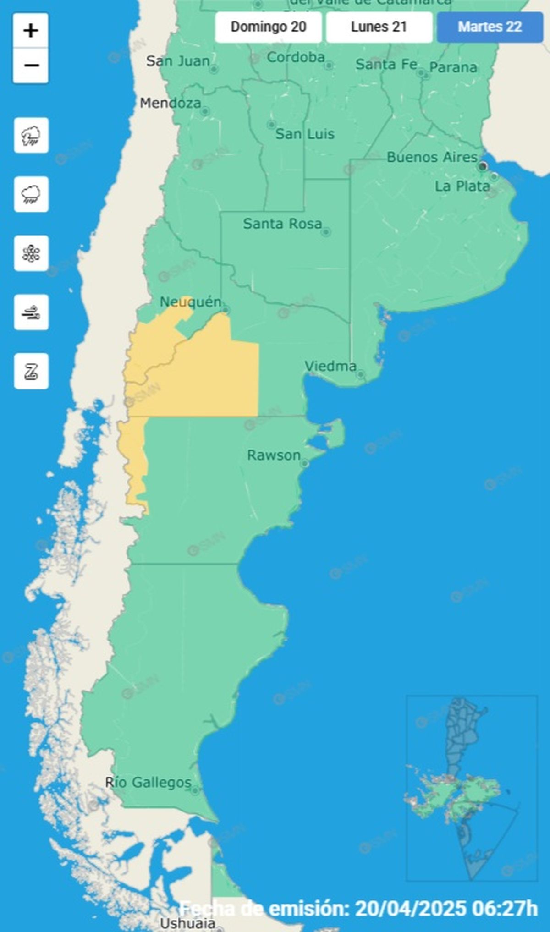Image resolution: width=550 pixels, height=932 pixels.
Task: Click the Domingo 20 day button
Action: coord(268,27)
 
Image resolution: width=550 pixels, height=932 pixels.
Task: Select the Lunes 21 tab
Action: coord(379,27)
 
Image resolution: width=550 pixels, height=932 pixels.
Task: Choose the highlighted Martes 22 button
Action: coord(489,27)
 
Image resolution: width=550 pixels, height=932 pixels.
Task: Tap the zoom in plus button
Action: coord(31,31)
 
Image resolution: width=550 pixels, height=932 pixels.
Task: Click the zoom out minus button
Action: coord(31,66)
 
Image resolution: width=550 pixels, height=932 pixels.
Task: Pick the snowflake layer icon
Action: coord(31,253)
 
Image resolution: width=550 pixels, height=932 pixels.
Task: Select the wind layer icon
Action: coord(31,312)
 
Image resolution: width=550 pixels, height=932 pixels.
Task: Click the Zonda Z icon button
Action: coord(31,371)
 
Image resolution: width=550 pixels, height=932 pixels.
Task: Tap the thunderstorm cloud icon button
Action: coord(31,136)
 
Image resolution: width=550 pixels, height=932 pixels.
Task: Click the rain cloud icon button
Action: coord(31,194)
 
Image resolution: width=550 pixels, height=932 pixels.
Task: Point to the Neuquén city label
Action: coord(190,302)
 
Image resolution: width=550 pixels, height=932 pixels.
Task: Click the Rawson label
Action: coord(274,455)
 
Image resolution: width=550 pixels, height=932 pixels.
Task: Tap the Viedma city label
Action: coord(330,366)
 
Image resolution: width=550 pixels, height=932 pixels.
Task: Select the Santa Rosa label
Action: coord(282,224)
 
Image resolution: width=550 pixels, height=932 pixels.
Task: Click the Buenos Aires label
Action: coord(432,157)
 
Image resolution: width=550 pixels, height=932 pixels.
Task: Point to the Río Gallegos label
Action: coord(148,782)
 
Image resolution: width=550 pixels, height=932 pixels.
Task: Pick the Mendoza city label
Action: coord(170,103)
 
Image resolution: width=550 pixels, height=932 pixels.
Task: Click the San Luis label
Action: coord(305,134)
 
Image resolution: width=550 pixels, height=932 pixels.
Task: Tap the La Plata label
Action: coord(462,186)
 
